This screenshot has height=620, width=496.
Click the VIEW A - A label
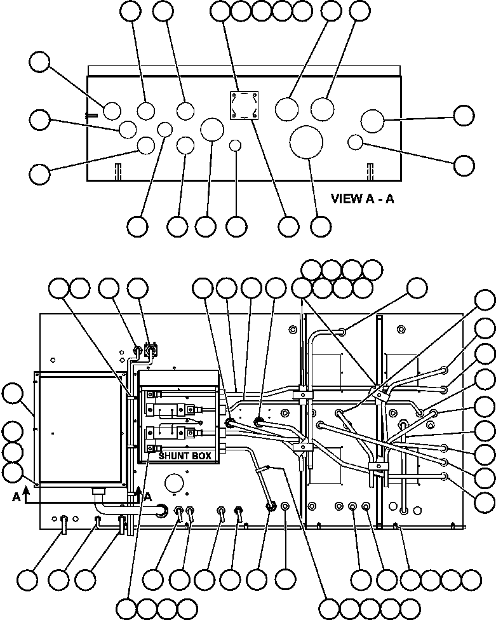363,198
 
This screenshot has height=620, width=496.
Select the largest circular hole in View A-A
307,142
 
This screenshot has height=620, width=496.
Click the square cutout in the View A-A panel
245,104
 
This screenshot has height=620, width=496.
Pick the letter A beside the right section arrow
149,497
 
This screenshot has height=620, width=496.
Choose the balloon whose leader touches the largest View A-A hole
321,226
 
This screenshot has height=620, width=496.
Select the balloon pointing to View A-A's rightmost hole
464,116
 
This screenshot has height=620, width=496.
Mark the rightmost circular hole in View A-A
372,120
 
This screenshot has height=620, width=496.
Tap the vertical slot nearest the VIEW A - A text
369,172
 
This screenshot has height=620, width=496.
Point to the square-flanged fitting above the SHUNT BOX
151,349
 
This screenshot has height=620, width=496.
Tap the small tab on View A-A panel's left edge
90,115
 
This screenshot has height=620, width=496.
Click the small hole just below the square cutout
236,145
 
